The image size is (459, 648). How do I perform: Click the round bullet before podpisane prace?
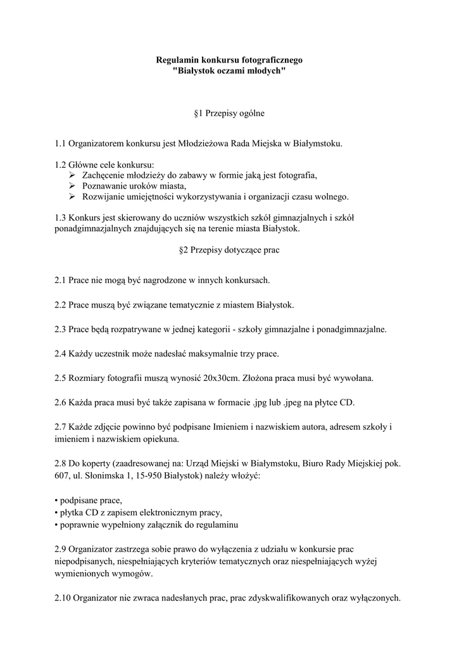pos(56,501)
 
